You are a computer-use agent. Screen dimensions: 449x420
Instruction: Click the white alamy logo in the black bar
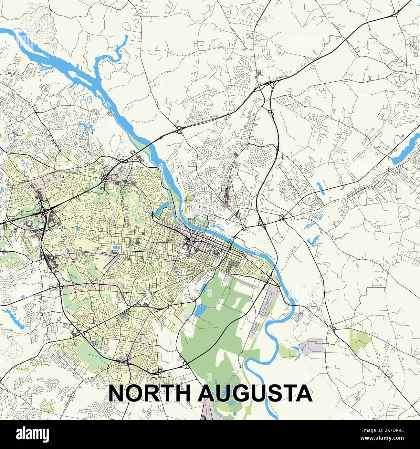click(32, 434)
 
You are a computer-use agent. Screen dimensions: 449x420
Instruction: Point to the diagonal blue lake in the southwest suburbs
click(13, 318)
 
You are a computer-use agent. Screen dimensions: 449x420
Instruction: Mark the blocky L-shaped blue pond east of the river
click(313, 240)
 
